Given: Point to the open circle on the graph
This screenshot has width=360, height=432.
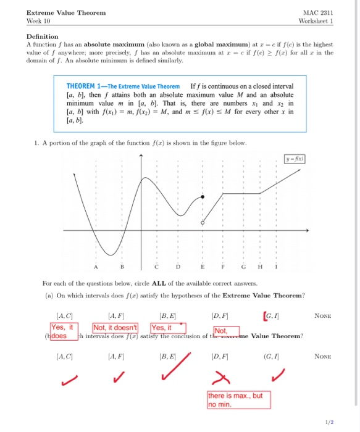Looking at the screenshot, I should point(204,221).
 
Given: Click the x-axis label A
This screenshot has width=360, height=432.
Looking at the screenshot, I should point(96,267).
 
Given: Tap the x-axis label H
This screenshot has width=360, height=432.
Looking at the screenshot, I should point(259,267).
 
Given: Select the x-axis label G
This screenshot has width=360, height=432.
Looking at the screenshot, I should point(245,267).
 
